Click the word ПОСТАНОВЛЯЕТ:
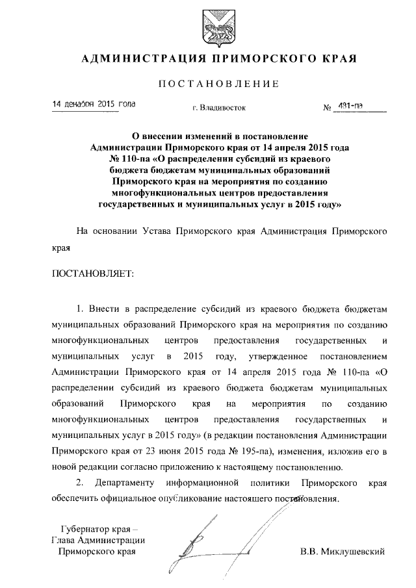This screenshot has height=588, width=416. pyautogui.click(x=92, y=274)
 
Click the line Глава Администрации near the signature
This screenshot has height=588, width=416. pyautogui.click(x=97, y=540)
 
